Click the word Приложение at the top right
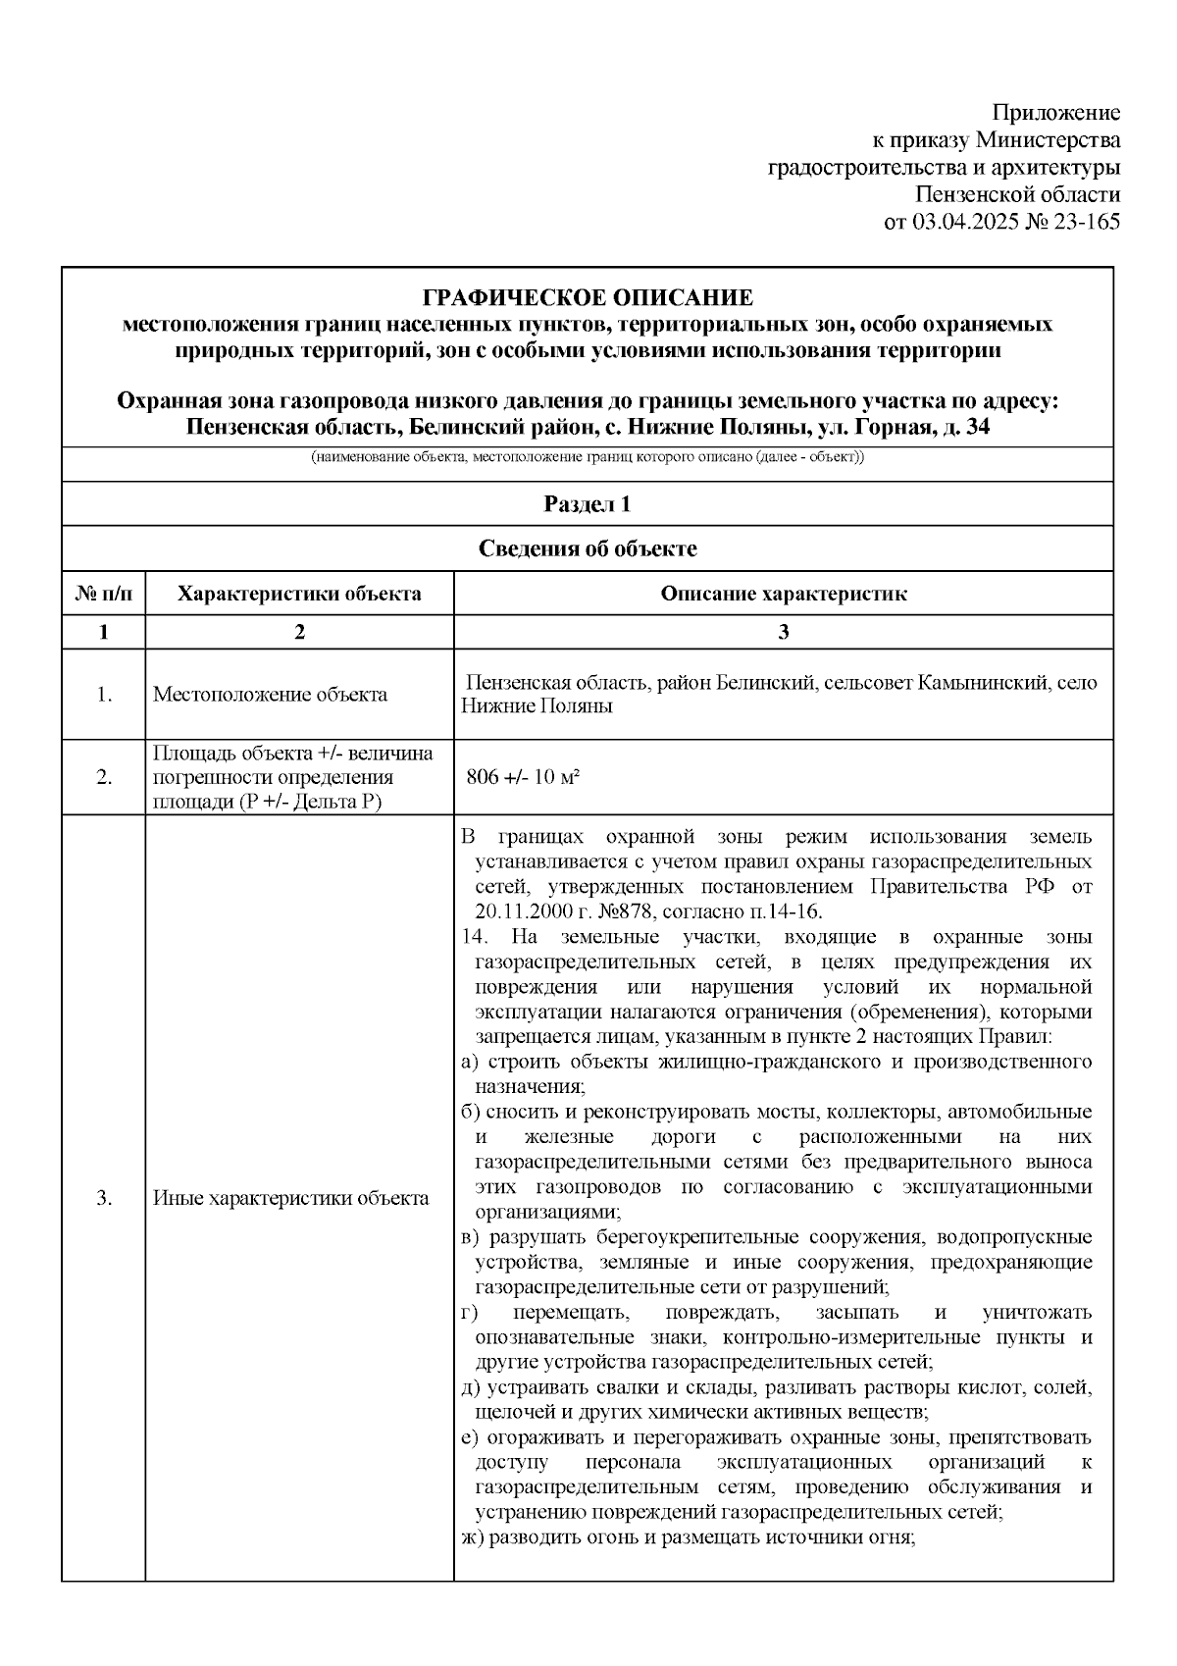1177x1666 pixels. click(x=1055, y=112)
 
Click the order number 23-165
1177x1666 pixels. click(x=1086, y=222)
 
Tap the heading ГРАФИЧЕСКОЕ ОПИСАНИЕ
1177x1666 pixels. click(x=588, y=297)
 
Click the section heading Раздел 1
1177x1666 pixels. click(x=588, y=504)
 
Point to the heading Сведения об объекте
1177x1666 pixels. click(x=588, y=548)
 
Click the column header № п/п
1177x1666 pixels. click(x=103, y=594)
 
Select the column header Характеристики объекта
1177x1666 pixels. click(x=299, y=594)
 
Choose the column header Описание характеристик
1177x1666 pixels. click(x=783, y=594)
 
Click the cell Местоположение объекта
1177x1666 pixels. click(x=270, y=695)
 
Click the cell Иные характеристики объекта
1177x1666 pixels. click(x=290, y=1198)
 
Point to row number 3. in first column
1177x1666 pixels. click(x=103, y=1198)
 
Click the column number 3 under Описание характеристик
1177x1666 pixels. click(x=783, y=633)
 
